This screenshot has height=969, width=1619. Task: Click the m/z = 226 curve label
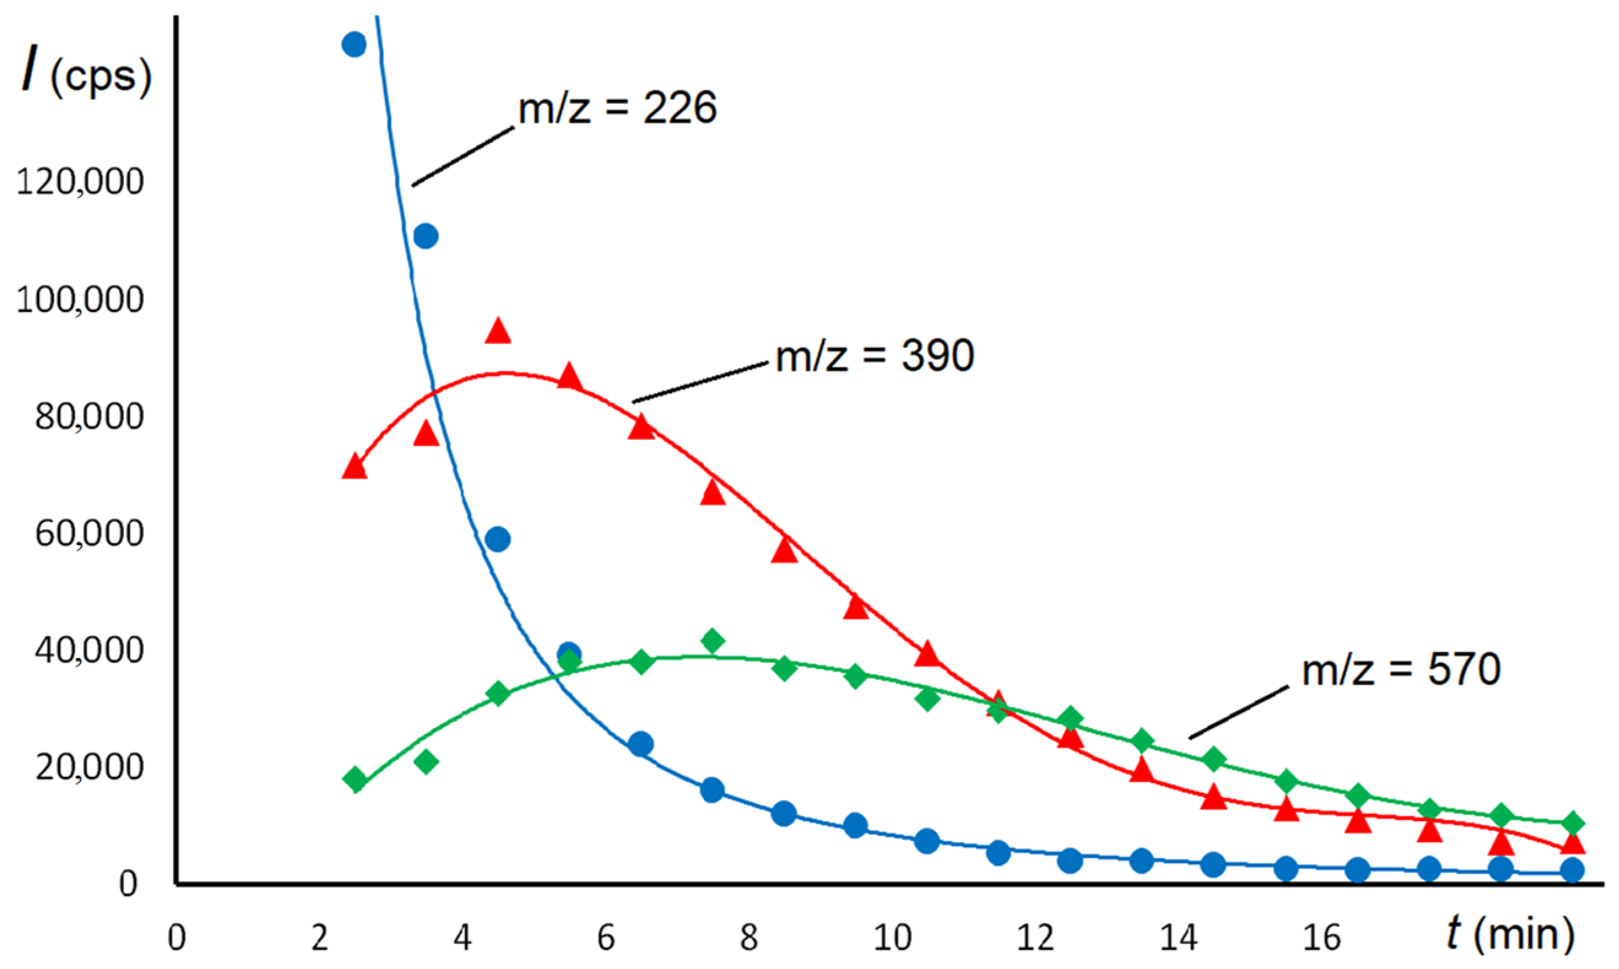pyautogui.click(x=617, y=108)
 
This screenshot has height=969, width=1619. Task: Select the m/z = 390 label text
pyautogui.click(x=875, y=356)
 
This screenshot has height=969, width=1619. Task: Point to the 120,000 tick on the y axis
pyautogui.click(x=80, y=182)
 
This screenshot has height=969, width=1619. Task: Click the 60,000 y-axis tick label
pyautogui.click(x=89, y=534)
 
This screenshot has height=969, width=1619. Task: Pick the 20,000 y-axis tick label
pyautogui.click(x=89, y=767)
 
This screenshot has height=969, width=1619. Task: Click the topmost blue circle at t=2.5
pyautogui.click(x=354, y=44)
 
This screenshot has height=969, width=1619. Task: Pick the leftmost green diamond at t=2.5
pyautogui.click(x=356, y=779)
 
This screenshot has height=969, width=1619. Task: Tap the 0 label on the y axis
pyautogui.click(x=128, y=884)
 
